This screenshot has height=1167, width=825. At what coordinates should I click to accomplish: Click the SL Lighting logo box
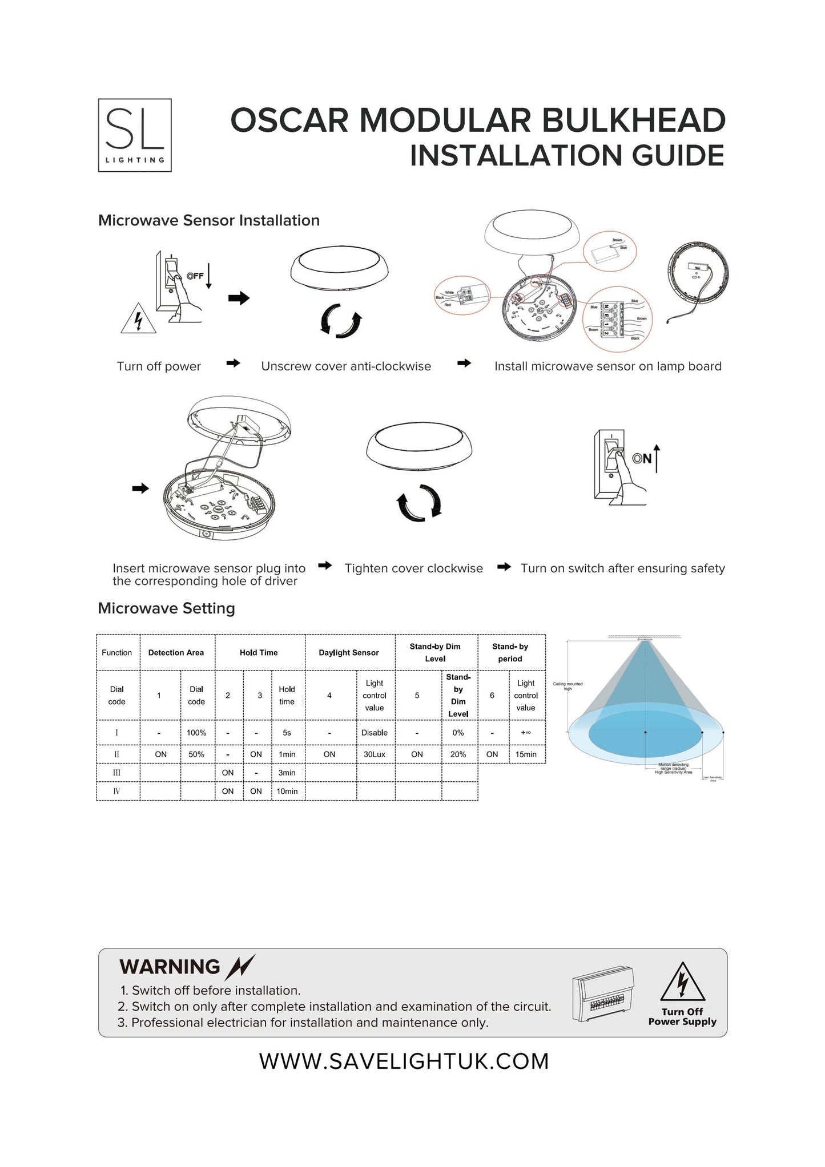tap(135, 135)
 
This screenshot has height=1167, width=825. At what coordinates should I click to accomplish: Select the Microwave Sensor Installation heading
tap(208, 220)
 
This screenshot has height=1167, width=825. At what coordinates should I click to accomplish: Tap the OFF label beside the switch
tap(195, 276)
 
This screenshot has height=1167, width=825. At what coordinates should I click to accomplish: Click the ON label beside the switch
tap(642, 458)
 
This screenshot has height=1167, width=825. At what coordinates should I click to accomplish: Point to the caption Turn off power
tap(159, 366)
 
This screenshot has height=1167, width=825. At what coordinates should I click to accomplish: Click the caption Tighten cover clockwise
tap(413, 568)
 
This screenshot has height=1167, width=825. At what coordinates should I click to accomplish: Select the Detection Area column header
tap(176, 652)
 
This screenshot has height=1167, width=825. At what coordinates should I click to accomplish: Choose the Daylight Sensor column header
tap(349, 652)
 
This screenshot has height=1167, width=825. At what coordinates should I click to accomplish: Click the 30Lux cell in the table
tap(375, 754)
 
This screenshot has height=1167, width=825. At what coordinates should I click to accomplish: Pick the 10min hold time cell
tap(287, 791)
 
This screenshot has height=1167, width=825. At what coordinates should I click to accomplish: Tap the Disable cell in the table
tap(375, 732)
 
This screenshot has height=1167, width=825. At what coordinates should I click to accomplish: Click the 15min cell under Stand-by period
tap(526, 754)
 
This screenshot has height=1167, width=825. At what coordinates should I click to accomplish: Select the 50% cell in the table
tap(196, 754)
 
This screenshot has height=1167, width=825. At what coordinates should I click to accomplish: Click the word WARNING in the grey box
tap(170, 967)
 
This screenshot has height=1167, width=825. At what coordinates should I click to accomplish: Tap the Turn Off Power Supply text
tap(682, 1016)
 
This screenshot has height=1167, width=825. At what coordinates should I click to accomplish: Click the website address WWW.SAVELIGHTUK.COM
tap(404, 1061)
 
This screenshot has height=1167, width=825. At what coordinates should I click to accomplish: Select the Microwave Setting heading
tap(166, 608)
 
